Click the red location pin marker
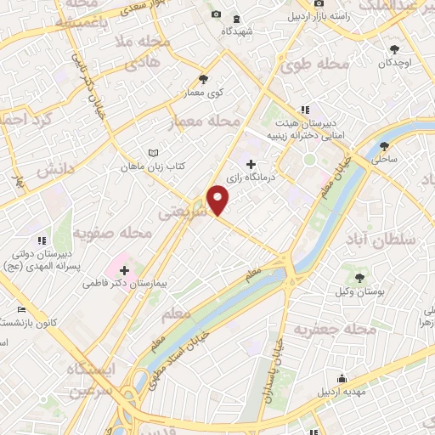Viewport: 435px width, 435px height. click(218, 201)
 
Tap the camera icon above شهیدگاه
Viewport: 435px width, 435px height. click(215, 15)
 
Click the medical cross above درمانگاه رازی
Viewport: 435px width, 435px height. click(251, 164)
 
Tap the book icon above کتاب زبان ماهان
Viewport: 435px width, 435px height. click(153, 152)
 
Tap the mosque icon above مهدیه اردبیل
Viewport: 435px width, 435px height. click(342, 378)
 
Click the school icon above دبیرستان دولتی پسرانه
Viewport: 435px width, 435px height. click(42, 243)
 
